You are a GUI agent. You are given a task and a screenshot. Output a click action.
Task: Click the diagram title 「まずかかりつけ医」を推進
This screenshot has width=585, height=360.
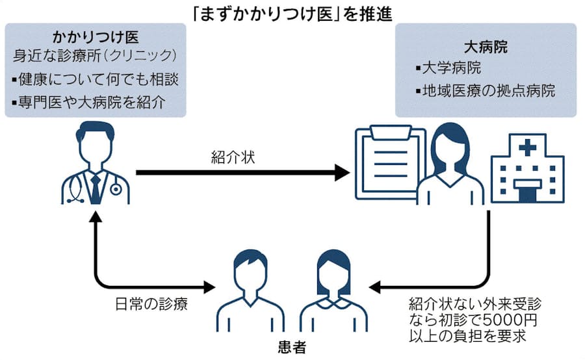tap(292, 12)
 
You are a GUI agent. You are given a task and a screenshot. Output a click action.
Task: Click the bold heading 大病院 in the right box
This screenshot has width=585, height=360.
tap(485, 47)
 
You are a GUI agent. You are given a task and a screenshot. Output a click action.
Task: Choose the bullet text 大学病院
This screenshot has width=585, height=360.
tap(453, 68)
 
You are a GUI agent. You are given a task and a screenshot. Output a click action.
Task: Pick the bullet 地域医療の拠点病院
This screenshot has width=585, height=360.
tap(488, 90)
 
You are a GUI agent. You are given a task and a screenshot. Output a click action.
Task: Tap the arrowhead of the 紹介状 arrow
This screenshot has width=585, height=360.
tap(342, 172)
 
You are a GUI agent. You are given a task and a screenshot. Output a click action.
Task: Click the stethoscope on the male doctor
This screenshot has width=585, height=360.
tap(116, 188)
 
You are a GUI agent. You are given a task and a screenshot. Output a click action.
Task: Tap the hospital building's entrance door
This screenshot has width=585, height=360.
tap(527, 192)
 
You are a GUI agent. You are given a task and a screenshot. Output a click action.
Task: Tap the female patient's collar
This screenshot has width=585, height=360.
tap(333, 303)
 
